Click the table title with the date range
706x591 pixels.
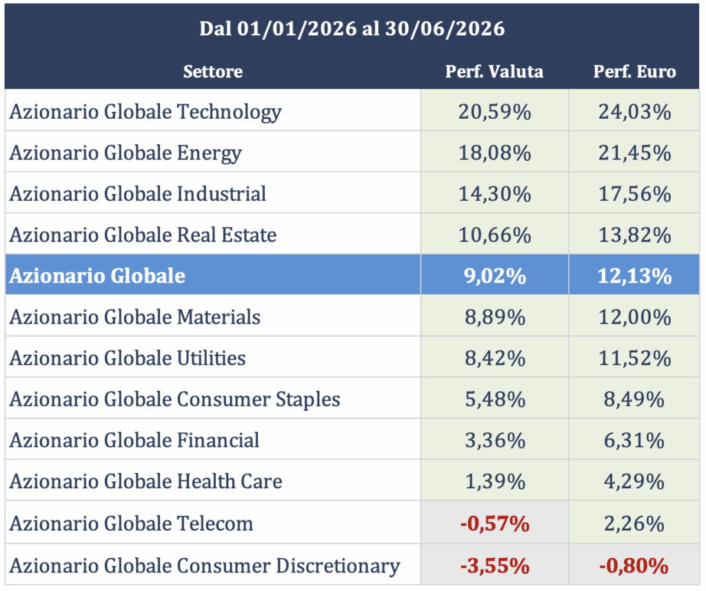352,29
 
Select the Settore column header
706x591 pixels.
213,72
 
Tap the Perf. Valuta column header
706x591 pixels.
494,72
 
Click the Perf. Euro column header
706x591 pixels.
634,72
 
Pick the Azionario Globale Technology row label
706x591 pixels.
145,113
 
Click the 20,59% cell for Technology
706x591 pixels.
495,112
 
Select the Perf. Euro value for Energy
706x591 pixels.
634,153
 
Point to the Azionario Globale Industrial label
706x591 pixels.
138,194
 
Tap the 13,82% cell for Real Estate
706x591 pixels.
634,235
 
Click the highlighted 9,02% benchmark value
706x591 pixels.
495,276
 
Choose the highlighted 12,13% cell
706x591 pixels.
634,276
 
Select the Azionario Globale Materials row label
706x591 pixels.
135,317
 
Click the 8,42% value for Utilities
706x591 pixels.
495,358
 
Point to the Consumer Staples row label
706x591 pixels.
174,400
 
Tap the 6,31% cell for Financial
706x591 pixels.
634,440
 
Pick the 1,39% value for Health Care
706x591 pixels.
495,481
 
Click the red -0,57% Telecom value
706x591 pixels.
495,523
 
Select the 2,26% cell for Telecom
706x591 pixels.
634,523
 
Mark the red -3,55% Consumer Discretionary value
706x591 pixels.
495,565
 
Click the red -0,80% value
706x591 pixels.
634,565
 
